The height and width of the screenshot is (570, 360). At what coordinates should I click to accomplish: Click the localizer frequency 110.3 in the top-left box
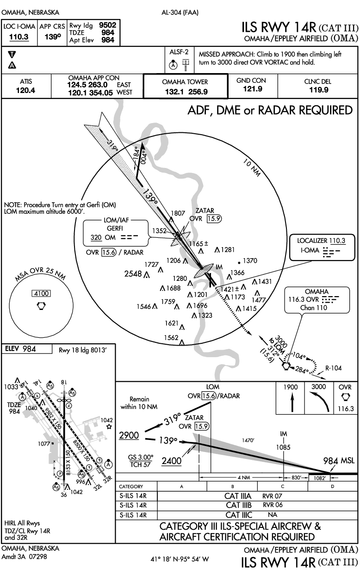pyautogui.click(x=19, y=37)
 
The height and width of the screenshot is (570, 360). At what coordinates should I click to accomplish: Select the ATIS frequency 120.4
pyautogui.click(x=26, y=90)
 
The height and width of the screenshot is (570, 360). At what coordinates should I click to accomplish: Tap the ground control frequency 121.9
pyautogui.click(x=252, y=89)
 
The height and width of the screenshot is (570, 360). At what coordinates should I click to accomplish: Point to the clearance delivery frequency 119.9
pyautogui.click(x=319, y=90)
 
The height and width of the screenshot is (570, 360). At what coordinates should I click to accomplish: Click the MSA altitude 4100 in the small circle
pyautogui.click(x=41, y=293)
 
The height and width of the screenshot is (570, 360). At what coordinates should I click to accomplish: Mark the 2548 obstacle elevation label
pyautogui.click(x=133, y=274)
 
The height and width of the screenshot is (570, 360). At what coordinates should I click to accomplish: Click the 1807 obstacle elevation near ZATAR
pyautogui.click(x=178, y=213)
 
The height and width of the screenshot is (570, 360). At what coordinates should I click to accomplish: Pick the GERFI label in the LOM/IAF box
pyautogui.click(x=115, y=228)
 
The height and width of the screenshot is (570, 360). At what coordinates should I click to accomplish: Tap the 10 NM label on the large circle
pyautogui.click(x=252, y=167)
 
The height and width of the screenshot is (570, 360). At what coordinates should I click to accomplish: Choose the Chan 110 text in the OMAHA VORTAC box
pyautogui.click(x=314, y=308)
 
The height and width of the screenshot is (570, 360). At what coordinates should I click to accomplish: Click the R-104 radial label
pyautogui.click(x=334, y=368)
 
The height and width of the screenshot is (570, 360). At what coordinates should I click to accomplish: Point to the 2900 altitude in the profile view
pyautogui.click(x=129, y=435)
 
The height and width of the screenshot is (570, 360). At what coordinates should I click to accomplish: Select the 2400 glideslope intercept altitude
pyautogui.click(x=172, y=461)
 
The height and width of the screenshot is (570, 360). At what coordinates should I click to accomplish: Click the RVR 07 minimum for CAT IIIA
pyautogui.click(x=272, y=496)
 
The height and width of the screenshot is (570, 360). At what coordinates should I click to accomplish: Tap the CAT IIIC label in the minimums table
pyautogui.click(x=239, y=515)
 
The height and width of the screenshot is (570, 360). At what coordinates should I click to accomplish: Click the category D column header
pyautogui.click(x=332, y=486)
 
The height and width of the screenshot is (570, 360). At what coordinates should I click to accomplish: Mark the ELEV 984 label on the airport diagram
pyautogui.click(x=20, y=349)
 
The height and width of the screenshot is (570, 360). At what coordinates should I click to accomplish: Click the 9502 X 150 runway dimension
pyautogui.click(x=53, y=418)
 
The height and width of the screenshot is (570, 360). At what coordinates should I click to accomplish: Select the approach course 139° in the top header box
pyautogui.click(x=53, y=37)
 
